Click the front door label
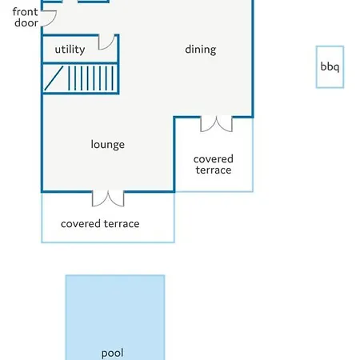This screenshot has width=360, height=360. pyautogui.click(x=26, y=18)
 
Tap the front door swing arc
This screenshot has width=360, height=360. pyautogui.click(x=54, y=20)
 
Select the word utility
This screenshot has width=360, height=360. pyautogui.click(x=70, y=50)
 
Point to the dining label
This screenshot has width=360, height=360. pyautogui.click(x=201, y=50)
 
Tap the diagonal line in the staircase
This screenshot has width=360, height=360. pyautogui.click(x=54, y=78)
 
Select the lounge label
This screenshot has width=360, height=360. pyautogui.click(x=108, y=145)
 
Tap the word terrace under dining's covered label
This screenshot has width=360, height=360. pyautogui.click(x=214, y=170)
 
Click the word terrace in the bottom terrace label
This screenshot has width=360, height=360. pyautogui.click(x=122, y=224)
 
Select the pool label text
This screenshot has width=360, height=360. pyautogui.click(x=112, y=354)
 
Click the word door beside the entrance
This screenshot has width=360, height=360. pyautogui.click(x=26, y=22)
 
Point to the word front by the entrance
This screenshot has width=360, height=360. pyautogui.click(x=25, y=12)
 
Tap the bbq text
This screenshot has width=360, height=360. pyautogui.click(x=330, y=67)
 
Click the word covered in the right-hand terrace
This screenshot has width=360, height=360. pyautogui.click(x=214, y=159)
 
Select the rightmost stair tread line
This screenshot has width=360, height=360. pyautogui.click(x=113, y=78)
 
